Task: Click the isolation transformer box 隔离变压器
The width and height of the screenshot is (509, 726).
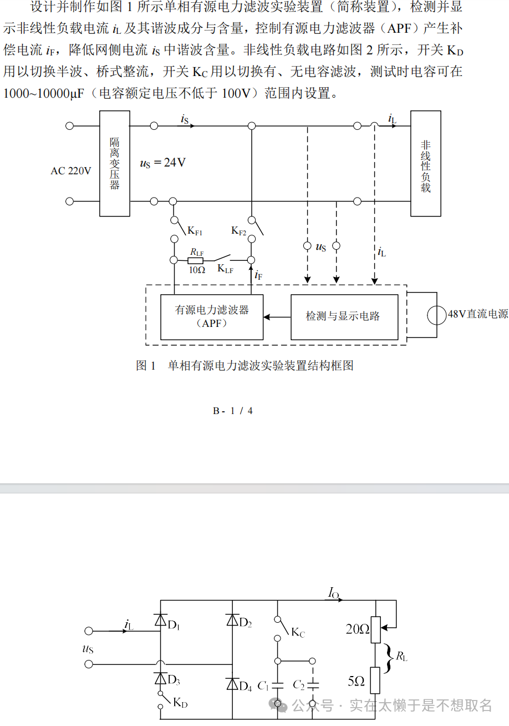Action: point(115,163)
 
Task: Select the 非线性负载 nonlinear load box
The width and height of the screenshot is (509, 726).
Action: point(425,163)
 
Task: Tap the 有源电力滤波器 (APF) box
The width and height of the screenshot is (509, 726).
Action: point(212,316)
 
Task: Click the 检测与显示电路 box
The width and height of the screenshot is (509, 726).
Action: point(344,316)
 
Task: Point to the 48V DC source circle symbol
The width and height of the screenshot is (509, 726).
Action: point(437,315)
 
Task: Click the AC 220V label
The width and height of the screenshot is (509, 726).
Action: point(71,171)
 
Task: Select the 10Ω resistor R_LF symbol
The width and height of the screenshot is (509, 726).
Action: point(196,260)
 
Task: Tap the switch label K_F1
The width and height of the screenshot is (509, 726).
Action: point(195,230)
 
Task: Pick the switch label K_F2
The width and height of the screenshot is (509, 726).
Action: point(239,230)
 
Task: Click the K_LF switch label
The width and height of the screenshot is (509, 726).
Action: point(225,269)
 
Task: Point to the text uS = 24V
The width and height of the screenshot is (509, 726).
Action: point(162,163)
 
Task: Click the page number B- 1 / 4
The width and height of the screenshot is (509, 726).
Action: point(233,411)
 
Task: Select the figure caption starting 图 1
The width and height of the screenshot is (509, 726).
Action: point(245,366)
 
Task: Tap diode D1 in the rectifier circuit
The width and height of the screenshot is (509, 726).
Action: point(161,621)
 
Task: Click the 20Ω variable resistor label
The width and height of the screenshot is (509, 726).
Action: point(357,629)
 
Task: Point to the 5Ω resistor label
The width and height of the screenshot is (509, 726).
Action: point(356,682)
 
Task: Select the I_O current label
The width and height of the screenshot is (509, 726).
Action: point(333,594)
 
